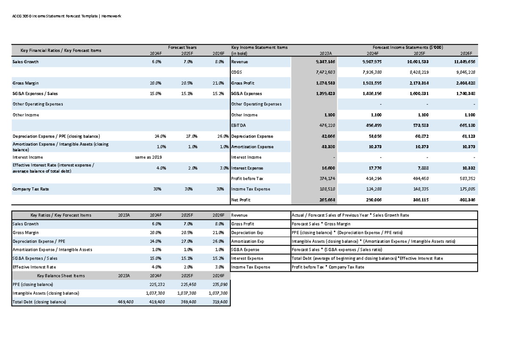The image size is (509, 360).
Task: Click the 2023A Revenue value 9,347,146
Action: point(325,62)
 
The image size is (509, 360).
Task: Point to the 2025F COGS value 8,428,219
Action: point(417,73)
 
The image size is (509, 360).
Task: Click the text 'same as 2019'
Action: point(148,157)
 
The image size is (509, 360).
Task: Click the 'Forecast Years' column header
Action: point(182,48)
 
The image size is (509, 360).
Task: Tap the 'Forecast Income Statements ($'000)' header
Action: point(408,48)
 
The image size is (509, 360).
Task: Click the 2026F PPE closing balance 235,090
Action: point(218,285)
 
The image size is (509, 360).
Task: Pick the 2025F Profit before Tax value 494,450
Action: point(419,179)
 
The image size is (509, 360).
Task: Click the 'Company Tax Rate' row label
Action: point(31,189)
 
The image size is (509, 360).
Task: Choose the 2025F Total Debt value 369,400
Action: point(187,302)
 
